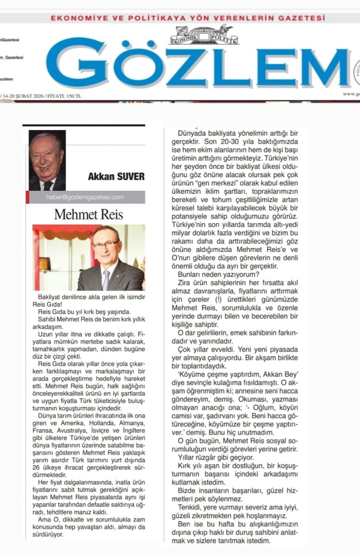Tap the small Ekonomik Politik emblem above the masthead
coord(204,35)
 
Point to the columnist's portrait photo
coord(47,160)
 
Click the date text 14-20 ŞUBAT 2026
coord(24,96)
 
